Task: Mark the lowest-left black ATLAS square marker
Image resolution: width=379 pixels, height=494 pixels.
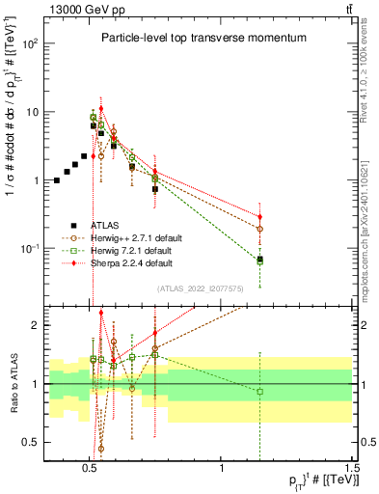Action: coord(57,180)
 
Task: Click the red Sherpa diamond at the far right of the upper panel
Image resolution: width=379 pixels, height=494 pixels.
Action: coord(259,217)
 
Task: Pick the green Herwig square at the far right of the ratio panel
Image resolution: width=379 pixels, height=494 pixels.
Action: coord(259,391)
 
